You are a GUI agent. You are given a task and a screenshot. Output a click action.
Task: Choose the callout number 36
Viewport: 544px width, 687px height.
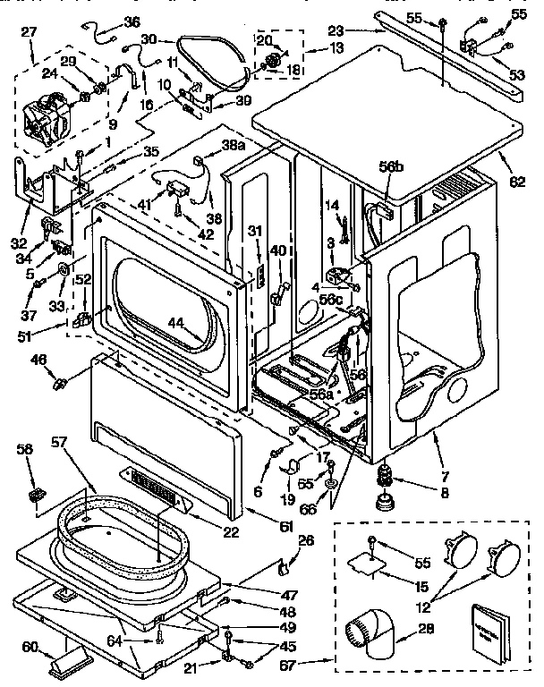click(x=132, y=21)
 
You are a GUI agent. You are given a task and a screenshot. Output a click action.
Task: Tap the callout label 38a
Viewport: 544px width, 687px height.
click(x=234, y=145)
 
